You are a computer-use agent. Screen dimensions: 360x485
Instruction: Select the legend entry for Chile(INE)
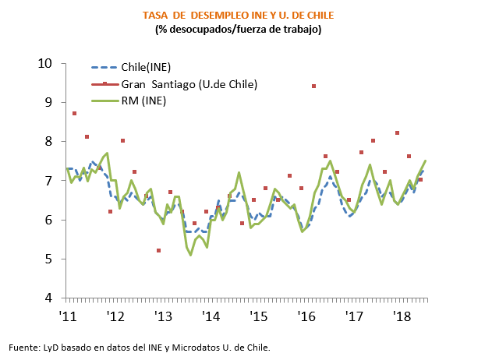[x=144, y=68]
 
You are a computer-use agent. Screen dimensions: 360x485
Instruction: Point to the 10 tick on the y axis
[x=48, y=63]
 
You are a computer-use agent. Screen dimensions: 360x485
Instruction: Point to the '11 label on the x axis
[x=69, y=316]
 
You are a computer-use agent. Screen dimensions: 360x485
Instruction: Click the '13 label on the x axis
[x=164, y=316]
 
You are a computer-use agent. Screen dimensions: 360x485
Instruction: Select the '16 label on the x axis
[x=307, y=316]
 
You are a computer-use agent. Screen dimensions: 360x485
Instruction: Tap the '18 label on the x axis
[x=403, y=316]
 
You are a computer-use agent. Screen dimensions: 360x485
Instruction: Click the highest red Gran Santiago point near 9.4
[x=313, y=86]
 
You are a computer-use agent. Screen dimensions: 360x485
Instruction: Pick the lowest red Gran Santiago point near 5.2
[x=158, y=250]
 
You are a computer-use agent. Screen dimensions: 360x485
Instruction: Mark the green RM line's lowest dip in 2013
[x=191, y=255]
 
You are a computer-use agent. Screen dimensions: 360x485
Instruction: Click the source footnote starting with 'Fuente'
[x=140, y=347]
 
